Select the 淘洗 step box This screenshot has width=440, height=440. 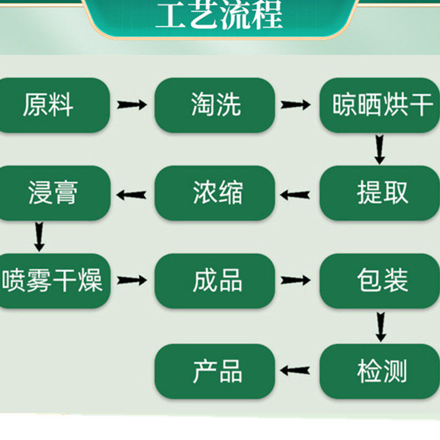click(x=215, y=105)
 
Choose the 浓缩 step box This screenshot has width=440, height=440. click(x=215, y=193)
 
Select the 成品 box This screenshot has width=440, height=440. click(x=215, y=280)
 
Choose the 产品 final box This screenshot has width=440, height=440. click(x=215, y=371)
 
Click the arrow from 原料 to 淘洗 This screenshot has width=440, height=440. click(x=132, y=105)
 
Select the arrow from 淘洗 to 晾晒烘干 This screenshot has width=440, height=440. click(x=296, y=105)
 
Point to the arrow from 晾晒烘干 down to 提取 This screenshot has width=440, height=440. click(x=380, y=150)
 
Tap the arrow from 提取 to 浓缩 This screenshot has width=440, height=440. click(x=295, y=194)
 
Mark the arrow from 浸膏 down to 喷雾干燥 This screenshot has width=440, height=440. click(x=38, y=236)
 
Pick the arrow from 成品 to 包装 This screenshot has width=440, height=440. click(x=296, y=280)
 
